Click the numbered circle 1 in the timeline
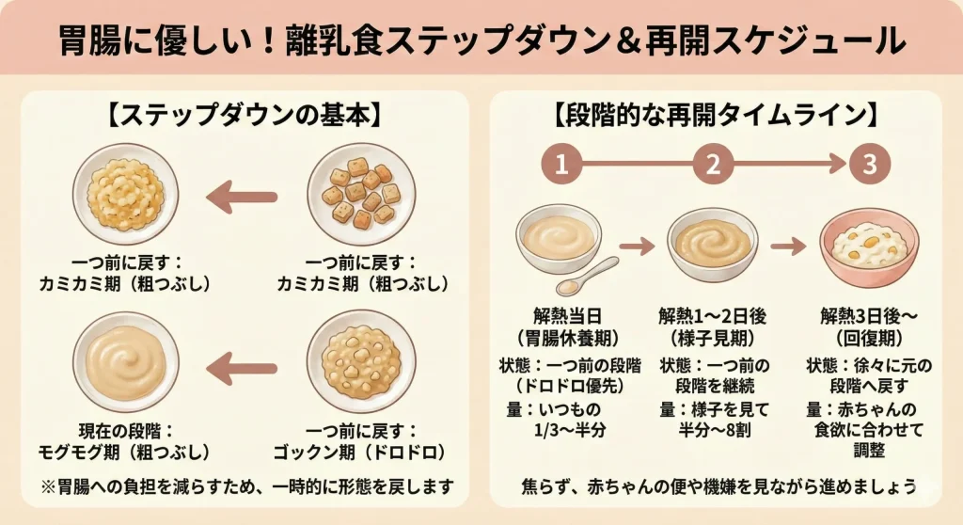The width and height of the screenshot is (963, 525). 561,166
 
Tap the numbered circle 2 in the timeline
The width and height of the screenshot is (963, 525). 713,166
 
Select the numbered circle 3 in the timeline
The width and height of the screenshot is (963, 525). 869,166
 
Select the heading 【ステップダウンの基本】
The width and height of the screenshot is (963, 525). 244,118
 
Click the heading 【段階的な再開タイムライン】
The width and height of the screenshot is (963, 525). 716,118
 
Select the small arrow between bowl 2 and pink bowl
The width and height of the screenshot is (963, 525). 787,247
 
